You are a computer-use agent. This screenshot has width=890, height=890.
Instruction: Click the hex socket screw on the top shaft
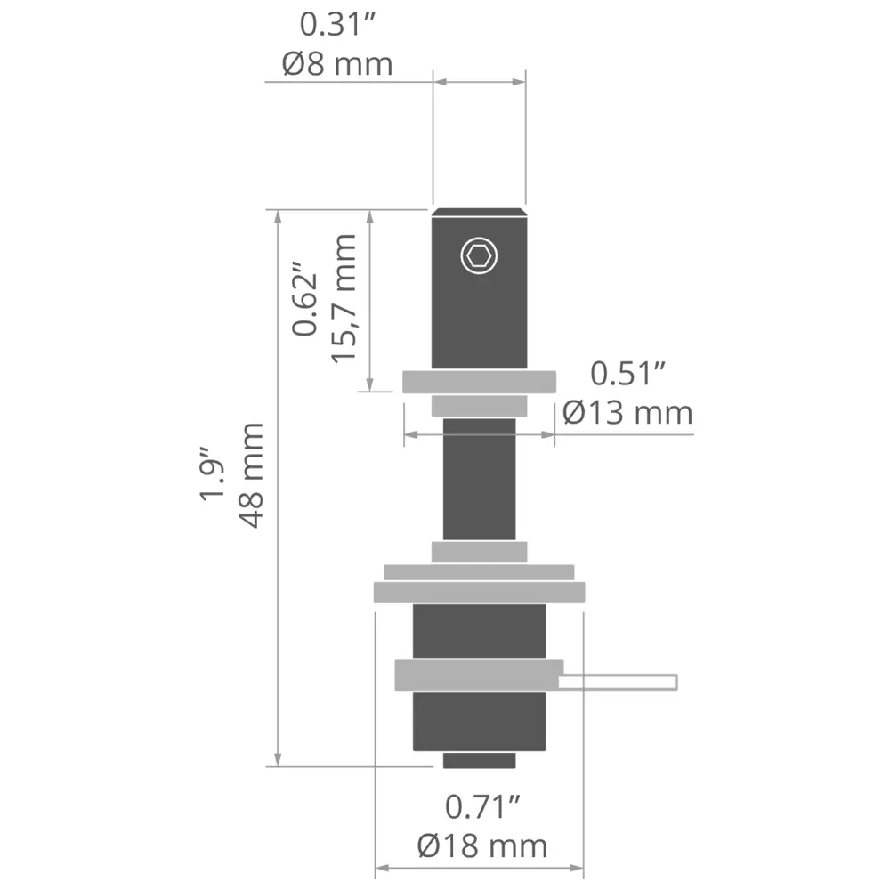pos(479,255)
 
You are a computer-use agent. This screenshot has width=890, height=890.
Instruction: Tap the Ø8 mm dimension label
pos(337,63)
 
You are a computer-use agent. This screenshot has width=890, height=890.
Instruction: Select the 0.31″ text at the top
pos(337,25)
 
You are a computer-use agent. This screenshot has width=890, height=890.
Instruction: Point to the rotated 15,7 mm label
pos(343,298)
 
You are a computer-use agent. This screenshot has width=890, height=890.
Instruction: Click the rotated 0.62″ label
pos(304,298)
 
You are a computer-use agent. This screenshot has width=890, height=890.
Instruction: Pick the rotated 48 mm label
pos(251,475)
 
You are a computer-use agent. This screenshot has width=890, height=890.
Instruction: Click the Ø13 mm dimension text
pos(627,413)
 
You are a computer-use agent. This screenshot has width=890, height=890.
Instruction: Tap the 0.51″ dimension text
pos(627,374)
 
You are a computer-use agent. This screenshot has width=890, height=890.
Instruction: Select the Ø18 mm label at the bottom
pos(482,846)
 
